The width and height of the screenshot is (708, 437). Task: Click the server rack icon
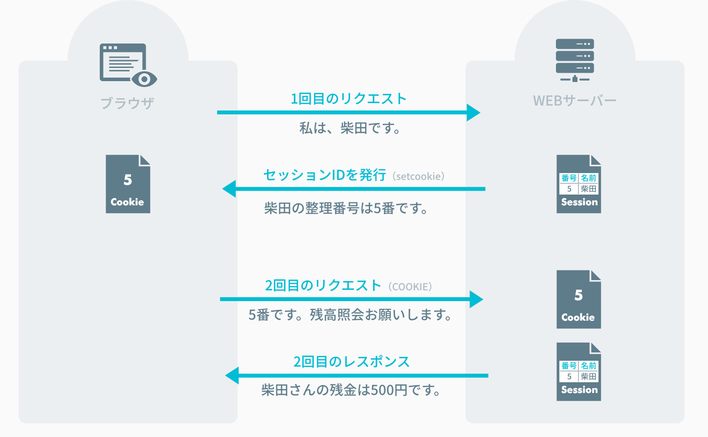coord(575,60)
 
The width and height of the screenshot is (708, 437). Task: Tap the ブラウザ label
coord(128,103)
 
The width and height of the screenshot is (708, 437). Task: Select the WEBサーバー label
coord(575,101)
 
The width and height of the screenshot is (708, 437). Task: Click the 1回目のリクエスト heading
coord(349,99)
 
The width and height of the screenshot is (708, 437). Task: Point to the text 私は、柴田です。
coord(350,129)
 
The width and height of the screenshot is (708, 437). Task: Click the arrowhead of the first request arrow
coord(473,112)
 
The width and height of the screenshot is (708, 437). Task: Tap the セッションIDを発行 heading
coord(325,175)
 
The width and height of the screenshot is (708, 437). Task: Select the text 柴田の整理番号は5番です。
coord(346,209)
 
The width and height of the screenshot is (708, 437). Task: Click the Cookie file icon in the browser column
coord(128,184)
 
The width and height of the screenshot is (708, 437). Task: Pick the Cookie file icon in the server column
coord(578,299)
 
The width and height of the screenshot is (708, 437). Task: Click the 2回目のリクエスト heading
coord(323,285)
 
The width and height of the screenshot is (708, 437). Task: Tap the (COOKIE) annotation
coord(410,287)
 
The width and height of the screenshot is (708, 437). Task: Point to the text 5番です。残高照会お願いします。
coord(350,315)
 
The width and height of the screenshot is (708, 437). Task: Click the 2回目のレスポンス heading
coord(352,362)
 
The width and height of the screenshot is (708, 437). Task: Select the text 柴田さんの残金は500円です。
coord(351,390)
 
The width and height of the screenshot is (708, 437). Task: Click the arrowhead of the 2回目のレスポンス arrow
coord(232,375)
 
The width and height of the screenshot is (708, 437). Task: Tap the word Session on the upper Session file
coord(579,202)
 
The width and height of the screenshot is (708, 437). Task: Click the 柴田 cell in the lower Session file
coord(588,376)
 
